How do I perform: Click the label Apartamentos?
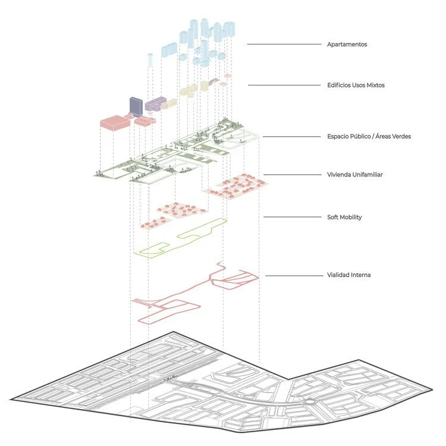coord(347,44)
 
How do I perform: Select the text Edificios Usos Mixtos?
coord(356,85)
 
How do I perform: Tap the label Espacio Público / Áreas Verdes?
coord(369,136)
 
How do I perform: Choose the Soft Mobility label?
coord(344,217)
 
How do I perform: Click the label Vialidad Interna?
coord(348,275)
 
